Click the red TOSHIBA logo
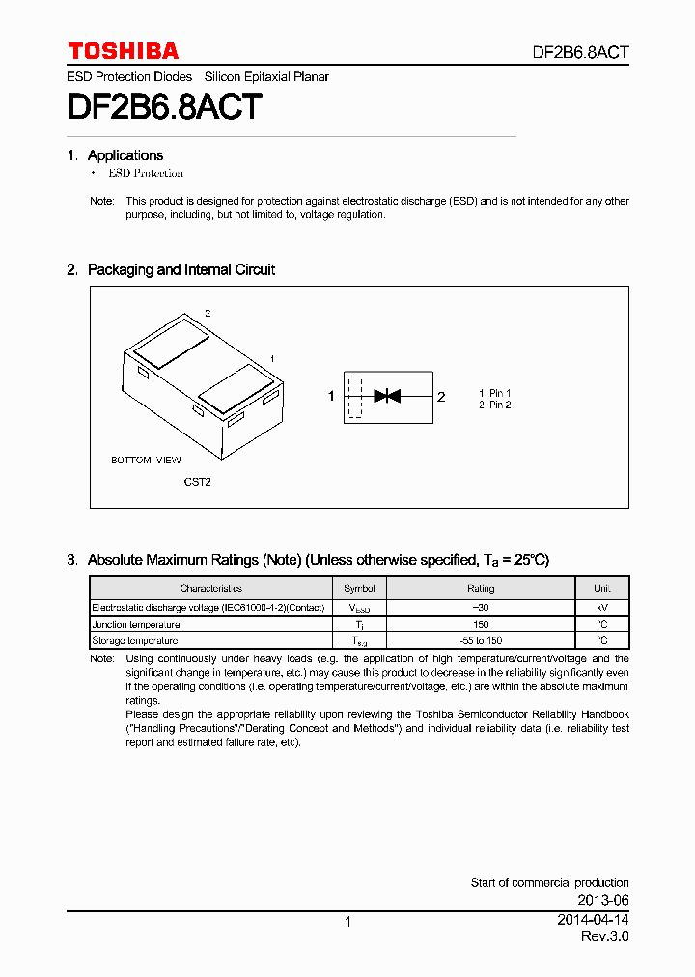123,51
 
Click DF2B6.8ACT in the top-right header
581,53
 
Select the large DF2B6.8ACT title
165,106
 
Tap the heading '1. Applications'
115,155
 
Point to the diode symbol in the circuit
387,396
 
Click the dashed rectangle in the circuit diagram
354,397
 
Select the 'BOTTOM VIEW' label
146,461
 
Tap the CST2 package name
197,481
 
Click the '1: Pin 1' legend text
495,394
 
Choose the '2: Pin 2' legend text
495,405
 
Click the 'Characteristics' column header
210,588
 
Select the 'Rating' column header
481,588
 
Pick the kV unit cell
601,608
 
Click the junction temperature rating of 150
481,625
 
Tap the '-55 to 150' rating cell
481,640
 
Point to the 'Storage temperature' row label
134,640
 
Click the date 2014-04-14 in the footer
593,920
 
